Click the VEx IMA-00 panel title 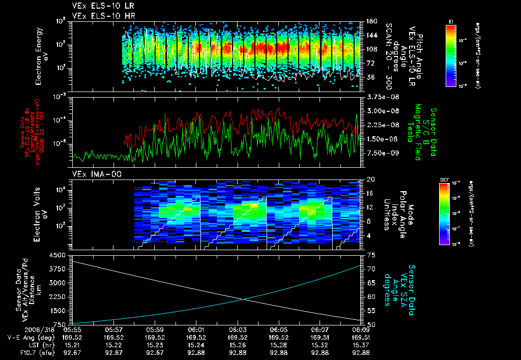[92, 174]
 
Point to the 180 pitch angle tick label [371, 21]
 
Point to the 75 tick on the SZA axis [370, 255]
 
